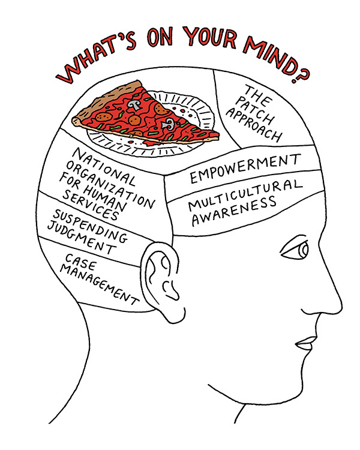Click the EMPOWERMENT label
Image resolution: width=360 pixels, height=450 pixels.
[x=244, y=170]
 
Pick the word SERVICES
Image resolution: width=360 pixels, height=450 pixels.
[x=86, y=206]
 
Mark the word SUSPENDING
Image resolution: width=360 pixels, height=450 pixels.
[x=90, y=226]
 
